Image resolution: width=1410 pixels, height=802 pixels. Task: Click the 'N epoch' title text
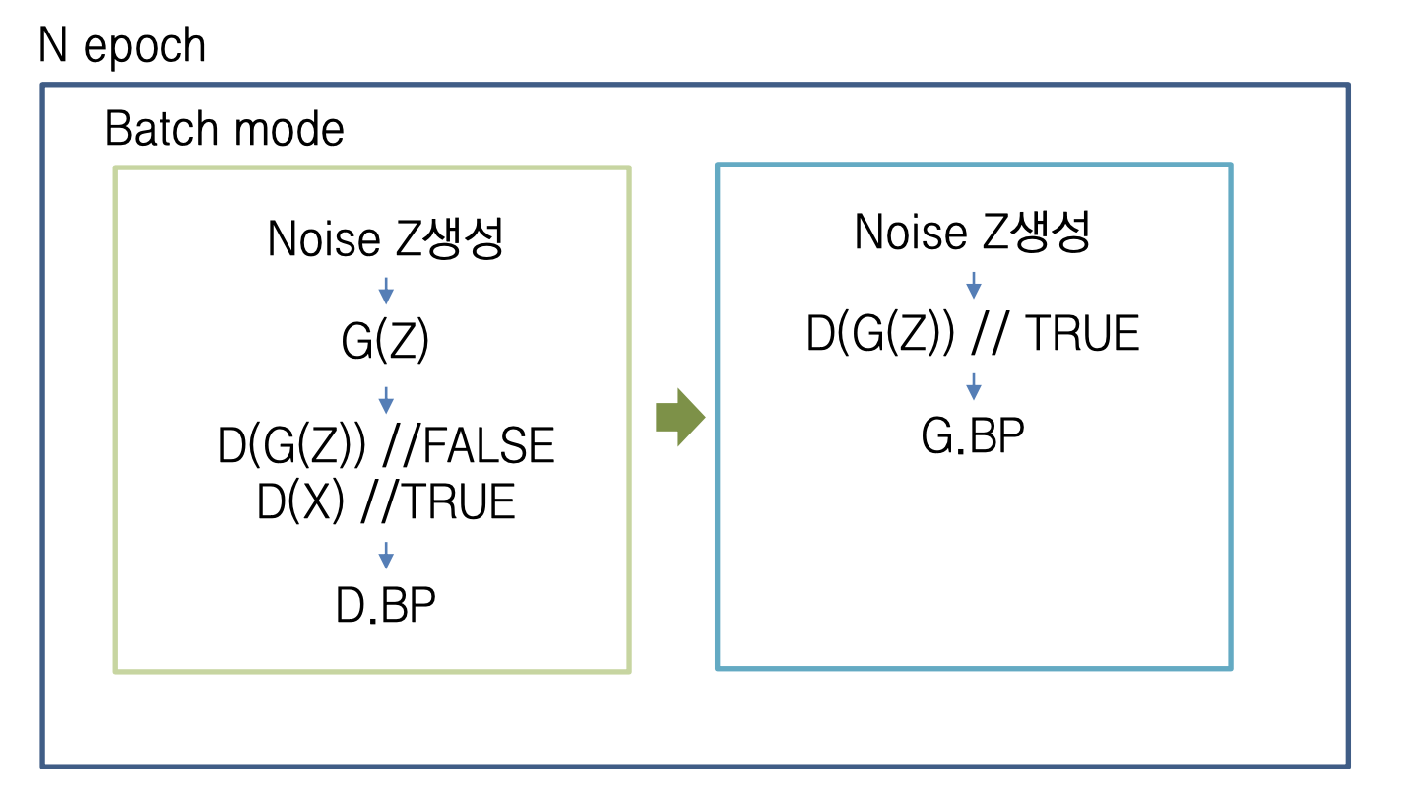pyautogui.click(x=122, y=46)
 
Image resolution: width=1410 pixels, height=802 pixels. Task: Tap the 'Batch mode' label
pyautogui.click(x=224, y=129)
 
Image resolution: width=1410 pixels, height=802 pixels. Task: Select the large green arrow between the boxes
pyautogui.click(x=680, y=417)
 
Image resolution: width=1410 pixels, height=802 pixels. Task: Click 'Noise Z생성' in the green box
pyautogui.click(x=385, y=238)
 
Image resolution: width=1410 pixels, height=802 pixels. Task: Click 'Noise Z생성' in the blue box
pyautogui.click(x=972, y=233)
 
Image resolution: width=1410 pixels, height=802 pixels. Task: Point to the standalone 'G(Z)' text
pyautogui.click(x=385, y=343)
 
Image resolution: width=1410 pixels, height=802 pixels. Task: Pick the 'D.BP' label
pyautogui.click(x=385, y=606)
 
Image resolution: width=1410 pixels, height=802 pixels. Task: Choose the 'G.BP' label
pyautogui.click(x=972, y=436)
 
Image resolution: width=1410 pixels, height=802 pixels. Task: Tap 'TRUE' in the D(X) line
pyautogui.click(x=459, y=502)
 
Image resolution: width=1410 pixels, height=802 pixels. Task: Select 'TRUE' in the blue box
pyautogui.click(x=1082, y=335)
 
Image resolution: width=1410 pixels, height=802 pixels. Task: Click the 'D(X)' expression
pyautogui.click(x=300, y=502)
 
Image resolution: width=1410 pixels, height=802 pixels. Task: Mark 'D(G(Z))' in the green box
pyautogui.click(x=291, y=446)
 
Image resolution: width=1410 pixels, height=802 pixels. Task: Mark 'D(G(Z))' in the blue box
pyautogui.click(x=880, y=335)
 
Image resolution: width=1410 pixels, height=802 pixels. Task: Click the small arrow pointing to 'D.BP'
pyautogui.click(x=386, y=556)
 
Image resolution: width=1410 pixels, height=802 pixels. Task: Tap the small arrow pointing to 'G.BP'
pyautogui.click(x=974, y=386)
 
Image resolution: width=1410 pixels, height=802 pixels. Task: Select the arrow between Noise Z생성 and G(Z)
pyautogui.click(x=386, y=291)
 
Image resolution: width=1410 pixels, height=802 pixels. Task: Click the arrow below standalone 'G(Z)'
pyautogui.click(x=386, y=399)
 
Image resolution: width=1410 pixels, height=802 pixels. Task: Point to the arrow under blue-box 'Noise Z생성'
pyautogui.click(x=974, y=285)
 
